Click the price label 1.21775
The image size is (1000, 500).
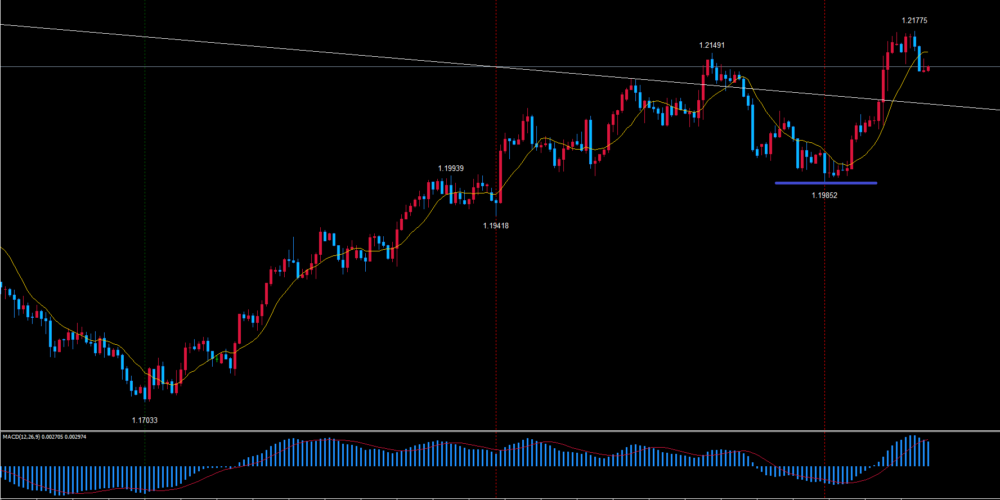(x=914, y=20)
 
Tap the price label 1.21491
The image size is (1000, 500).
(x=712, y=45)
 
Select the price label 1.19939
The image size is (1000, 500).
(x=451, y=168)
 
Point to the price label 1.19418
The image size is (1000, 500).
(x=495, y=226)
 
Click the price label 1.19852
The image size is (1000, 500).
(x=824, y=195)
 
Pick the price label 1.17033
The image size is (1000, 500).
(x=145, y=420)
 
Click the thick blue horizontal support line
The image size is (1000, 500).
(x=826, y=183)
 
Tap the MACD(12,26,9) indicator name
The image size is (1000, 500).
(x=21, y=437)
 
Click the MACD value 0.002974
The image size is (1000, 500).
(x=75, y=437)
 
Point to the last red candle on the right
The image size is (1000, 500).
(x=927, y=69)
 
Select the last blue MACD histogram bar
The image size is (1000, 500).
(x=928, y=453)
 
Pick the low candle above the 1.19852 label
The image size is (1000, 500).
(x=825, y=166)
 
